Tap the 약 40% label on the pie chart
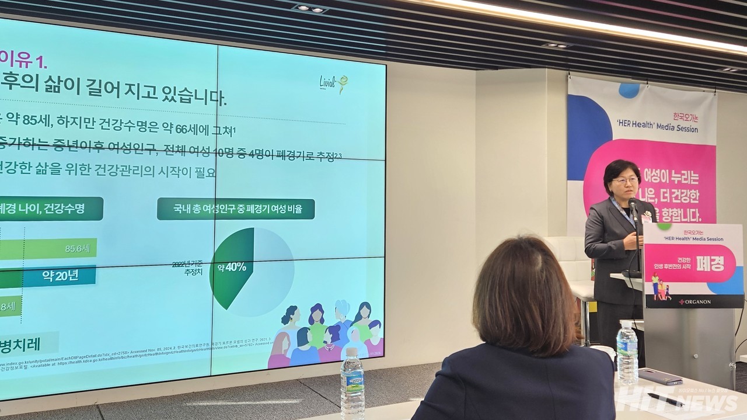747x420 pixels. [232, 268]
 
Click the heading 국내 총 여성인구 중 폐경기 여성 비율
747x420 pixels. [236, 209]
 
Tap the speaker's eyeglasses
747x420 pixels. [625, 181]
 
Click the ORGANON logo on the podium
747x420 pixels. [694, 302]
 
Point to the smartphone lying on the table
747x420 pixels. [660, 377]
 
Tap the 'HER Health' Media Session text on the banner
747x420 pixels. [657, 129]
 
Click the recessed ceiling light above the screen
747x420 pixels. [310, 8]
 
